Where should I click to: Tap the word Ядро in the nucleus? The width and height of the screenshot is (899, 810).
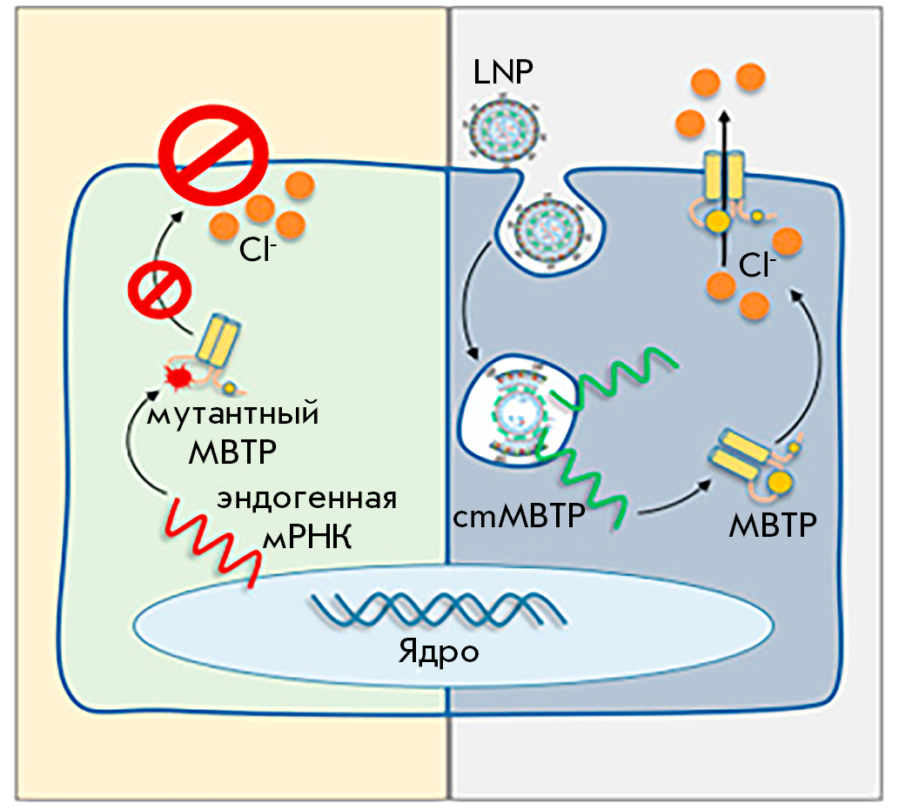[439, 650]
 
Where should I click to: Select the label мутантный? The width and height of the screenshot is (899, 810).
[231, 414]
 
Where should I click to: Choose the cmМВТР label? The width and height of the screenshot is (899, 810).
[518, 519]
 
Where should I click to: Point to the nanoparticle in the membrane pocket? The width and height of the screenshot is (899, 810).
[547, 228]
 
